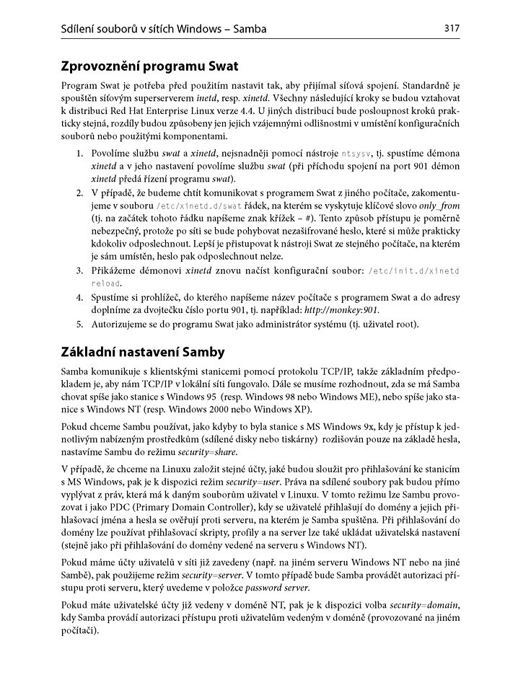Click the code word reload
[105, 283]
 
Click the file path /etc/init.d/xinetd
[413, 270]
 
